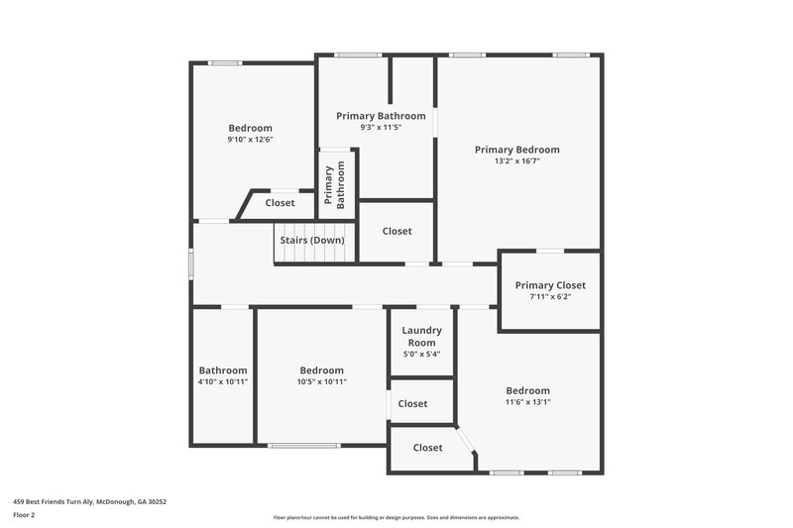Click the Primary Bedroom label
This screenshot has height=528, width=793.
point(516,150)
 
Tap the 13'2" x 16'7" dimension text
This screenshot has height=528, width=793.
point(516,161)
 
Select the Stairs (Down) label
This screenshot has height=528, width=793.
point(312,241)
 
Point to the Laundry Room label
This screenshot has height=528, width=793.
point(421,337)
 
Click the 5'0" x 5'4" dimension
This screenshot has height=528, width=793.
point(421,354)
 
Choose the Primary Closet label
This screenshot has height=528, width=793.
point(550,285)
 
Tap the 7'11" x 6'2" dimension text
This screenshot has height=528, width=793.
point(550,296)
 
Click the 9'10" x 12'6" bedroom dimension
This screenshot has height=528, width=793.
point(250,140)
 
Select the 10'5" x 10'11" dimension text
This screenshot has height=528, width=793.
point(322,381)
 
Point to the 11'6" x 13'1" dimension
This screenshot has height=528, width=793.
point(527,402)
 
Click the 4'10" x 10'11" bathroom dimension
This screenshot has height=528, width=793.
point(223,381)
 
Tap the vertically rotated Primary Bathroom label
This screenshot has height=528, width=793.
point(335,185)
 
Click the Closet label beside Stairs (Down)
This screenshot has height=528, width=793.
point(396,231)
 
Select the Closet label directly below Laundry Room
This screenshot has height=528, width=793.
point(412,403)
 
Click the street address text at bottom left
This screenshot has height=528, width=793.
point(89,502)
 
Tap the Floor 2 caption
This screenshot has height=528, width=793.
point(24,515)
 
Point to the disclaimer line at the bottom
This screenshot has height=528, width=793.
point(396,517)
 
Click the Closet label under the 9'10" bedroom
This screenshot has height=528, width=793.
point(280,203)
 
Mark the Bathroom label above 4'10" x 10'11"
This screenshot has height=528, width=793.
point(223,370)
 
